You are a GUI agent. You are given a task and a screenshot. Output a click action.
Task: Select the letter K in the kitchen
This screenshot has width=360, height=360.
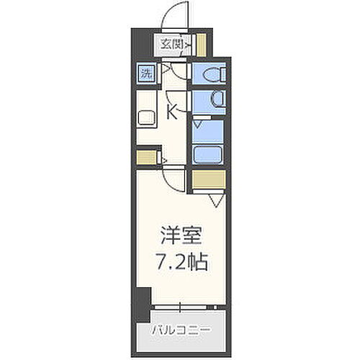pyautogui.click(x=174, y=112)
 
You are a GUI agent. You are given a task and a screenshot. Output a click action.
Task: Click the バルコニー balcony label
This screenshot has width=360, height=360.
pyautogui.click(x=181, y=311)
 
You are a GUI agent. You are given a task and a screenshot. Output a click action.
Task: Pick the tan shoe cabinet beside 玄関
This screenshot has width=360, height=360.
pyautogui.click(x=201, y=45)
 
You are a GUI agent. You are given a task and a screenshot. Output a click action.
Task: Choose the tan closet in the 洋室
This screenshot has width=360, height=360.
pyautogui.click(x=207, y=180)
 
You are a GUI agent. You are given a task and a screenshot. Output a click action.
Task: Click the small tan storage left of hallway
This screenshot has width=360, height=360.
pyautogui.click(x=146, y=156)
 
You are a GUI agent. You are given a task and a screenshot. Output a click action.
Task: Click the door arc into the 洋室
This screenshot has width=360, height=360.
pyautogui.click(x=174, y=177)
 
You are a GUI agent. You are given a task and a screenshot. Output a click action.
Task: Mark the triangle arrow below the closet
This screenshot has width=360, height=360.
pyautogui.click(x=215, y=199)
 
